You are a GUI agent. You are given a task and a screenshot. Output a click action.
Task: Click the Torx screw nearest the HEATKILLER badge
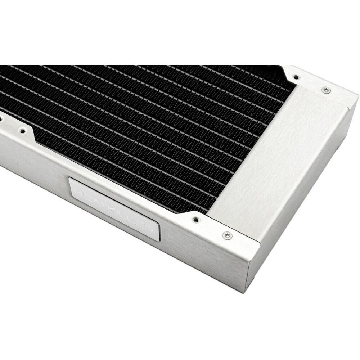227,235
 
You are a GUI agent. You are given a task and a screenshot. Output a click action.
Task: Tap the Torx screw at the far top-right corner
326,90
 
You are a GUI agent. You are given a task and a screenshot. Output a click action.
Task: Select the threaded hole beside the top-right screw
296,77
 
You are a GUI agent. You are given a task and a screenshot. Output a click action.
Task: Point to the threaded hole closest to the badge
195,219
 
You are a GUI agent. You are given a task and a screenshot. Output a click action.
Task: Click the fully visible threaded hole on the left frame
22,131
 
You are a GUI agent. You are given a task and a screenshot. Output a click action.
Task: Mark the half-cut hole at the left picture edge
1,118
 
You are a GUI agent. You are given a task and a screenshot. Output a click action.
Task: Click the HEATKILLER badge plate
114,208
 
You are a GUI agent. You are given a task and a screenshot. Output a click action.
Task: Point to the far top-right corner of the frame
357,94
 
